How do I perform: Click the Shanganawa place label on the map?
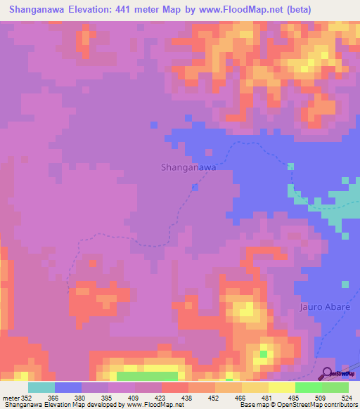coord(188,167)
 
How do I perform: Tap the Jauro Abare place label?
coord(324,307)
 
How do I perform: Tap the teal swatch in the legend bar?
coord(41,387)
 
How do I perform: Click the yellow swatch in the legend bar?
coord(281,387)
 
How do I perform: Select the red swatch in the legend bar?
coord(174,387)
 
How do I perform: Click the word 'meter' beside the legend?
coord(11,396)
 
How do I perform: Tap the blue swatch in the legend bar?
coord(68,387)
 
